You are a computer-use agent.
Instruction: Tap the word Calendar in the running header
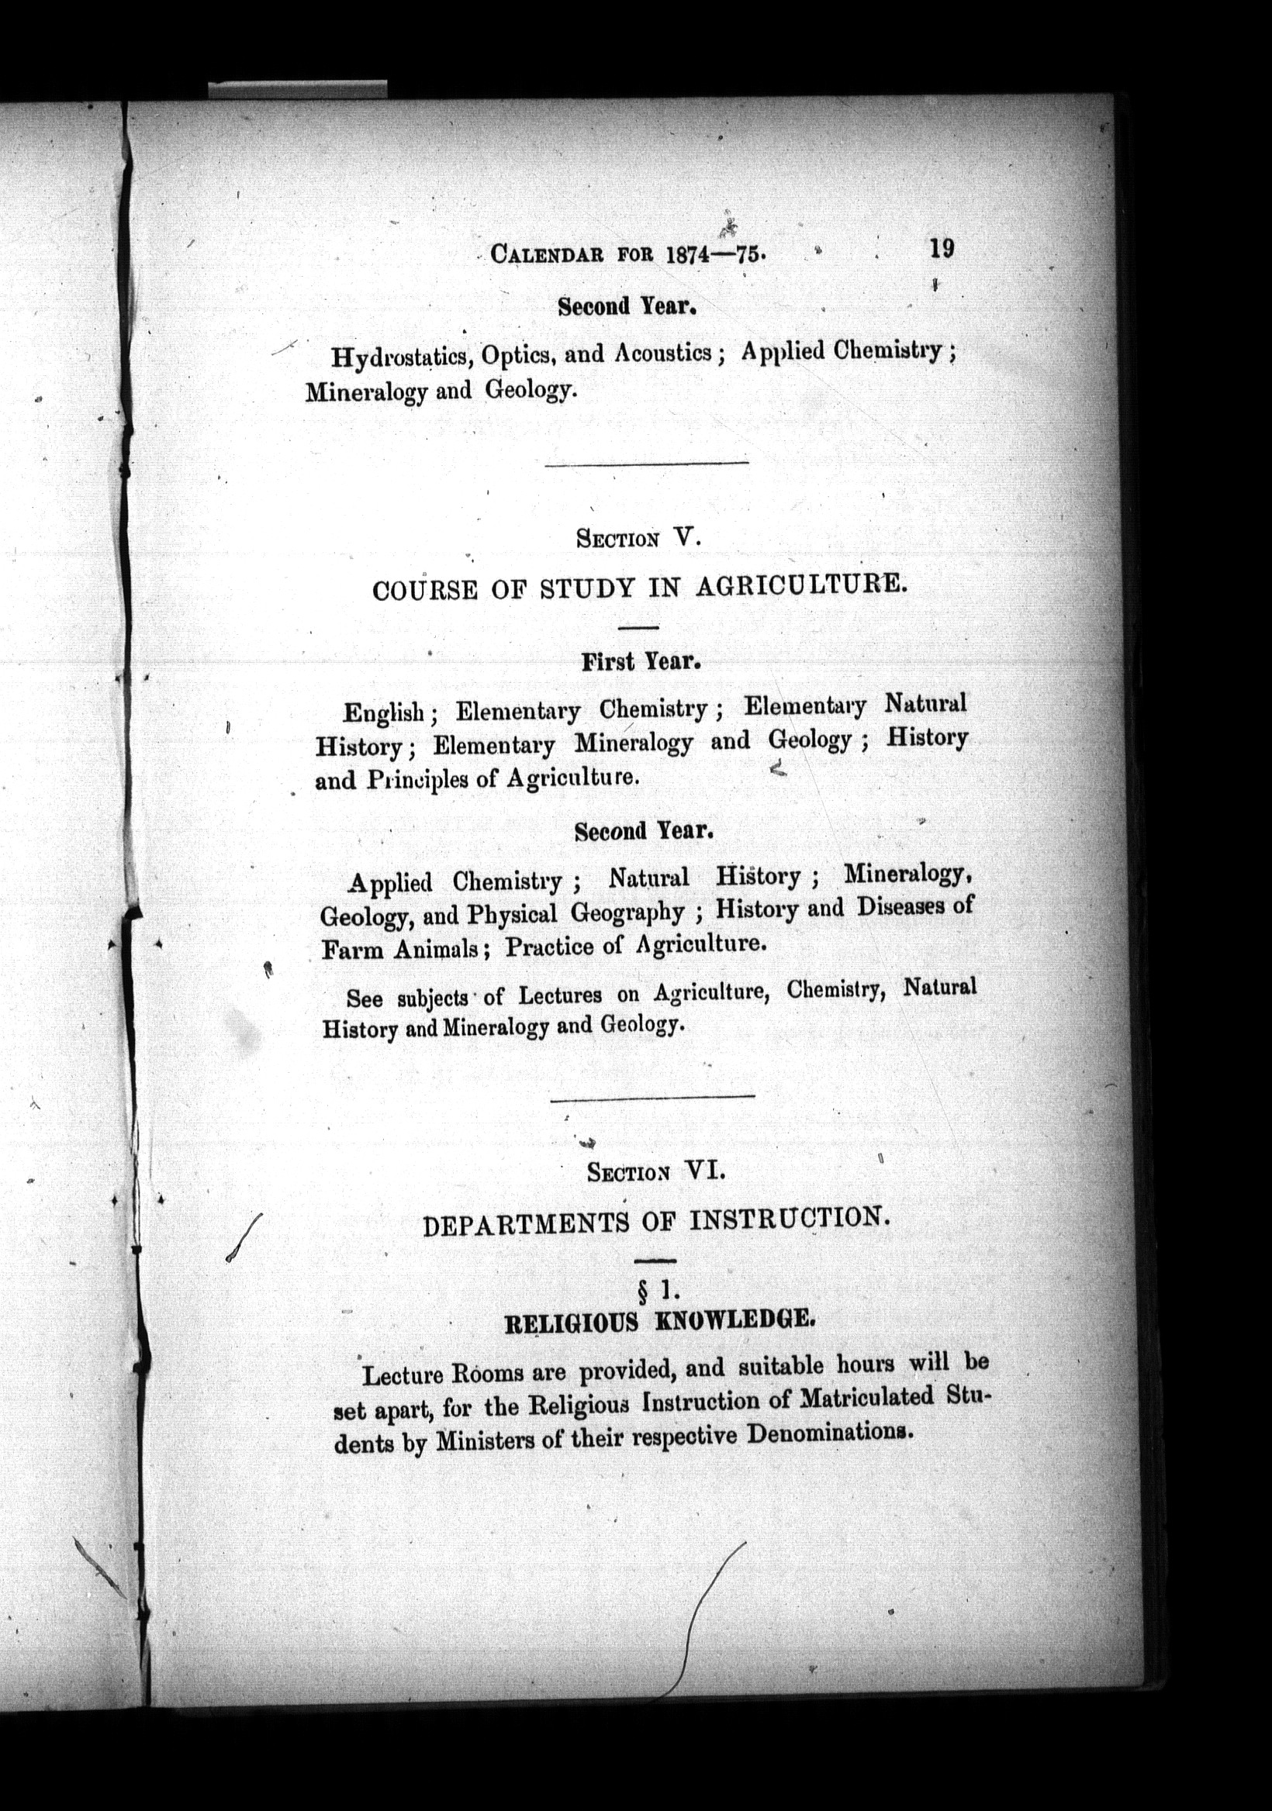(548, 254)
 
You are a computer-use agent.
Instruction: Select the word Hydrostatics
(402, 357)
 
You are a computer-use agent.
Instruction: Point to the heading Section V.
(638, 539)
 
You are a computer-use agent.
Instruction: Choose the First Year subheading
(641, 661)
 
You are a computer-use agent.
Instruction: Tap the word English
(385, 713)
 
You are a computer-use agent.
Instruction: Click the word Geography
(627, 912)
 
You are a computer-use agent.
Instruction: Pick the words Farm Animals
(401, 950)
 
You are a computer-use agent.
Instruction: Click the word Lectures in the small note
(560, 995)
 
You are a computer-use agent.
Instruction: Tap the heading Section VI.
(655, 1172)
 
